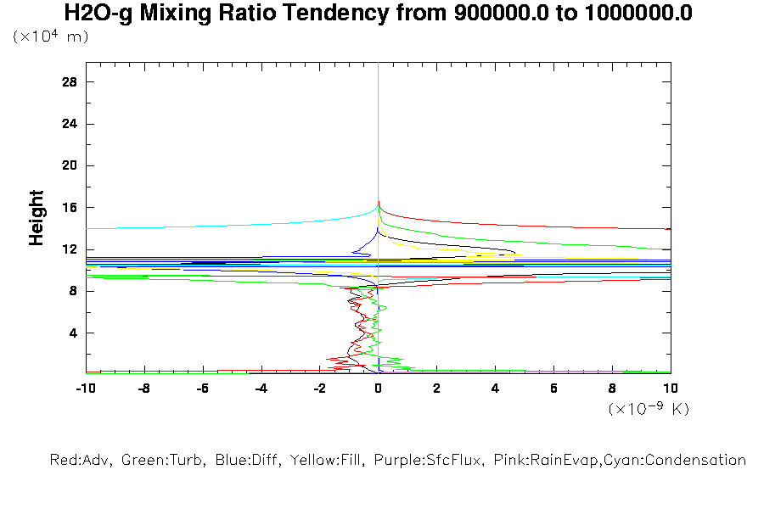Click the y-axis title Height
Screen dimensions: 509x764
click(x=37, y=218)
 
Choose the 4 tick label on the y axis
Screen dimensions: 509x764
click(x=73, y=333)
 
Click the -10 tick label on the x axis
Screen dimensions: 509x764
click(x=85, y=388)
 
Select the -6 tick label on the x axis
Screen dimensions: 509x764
click(x=202, y=388)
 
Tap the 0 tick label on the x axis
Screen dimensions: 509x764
click(x=378, y=388)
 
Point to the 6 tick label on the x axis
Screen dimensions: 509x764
click(x=553, y=388)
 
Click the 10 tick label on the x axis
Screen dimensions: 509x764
click(x=671, y=388)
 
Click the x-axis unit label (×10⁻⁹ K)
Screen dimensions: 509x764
click(x=649, y=409)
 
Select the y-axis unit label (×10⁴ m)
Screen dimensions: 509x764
click(x=50, y=37)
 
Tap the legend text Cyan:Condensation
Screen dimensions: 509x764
click(x=679, y=461)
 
